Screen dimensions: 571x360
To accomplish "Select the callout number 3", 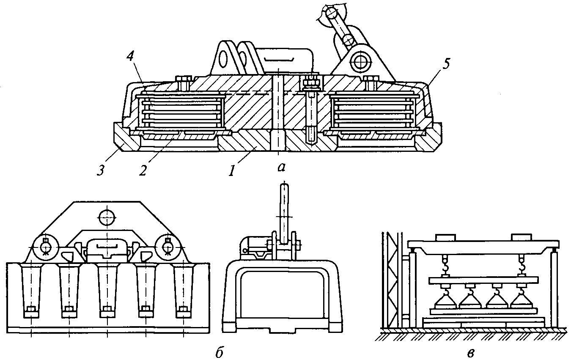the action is tap(101, 170).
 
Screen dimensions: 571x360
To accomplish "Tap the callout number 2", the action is tap(143, 170).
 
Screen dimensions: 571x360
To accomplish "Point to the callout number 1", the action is tap(232, 170).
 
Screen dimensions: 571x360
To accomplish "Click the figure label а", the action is tap(281, 167).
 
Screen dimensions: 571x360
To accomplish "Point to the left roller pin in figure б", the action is tap(45, 247).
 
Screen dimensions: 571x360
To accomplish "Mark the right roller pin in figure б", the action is tap(168, 247).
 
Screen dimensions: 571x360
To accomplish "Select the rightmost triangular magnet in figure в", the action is tap(522, 300).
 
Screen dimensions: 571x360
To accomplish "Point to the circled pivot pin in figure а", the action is tap(359, 62).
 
